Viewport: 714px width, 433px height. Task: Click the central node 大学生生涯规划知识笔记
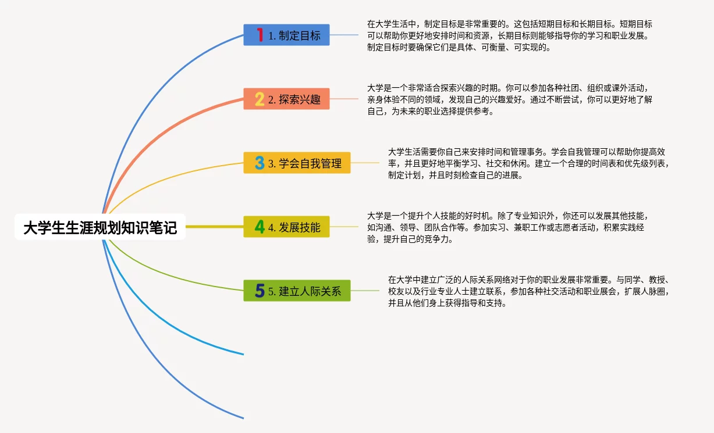pyautogui.click(x=100, y=227)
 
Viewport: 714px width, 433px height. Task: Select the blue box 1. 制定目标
pyautogui.click(x=286, y=35)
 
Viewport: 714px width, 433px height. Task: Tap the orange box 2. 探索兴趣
pyautogui.click(x=286, y=99)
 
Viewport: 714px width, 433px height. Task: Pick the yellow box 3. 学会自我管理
pyautogui.click(x=297, y=163)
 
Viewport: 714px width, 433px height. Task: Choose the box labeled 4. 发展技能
pyautogui.click(x=286, y=227)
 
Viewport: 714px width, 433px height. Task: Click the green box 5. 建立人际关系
pyautogui.click(x=297, y=291)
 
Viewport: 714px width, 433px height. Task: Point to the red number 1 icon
pyautogui.click(x=260, y=35)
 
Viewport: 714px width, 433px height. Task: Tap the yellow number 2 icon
pyautogui.click(x=260, y=99)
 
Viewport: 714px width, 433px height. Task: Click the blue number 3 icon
pyautogui.click(x=260, y=163)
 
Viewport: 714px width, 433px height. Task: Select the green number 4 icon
pyautogui.click(x=260, y=227)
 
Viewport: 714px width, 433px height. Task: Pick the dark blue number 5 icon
pyautogui.click(x=260, y=291)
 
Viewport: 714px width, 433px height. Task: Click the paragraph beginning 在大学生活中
pyautogui.click(x=509, y=35)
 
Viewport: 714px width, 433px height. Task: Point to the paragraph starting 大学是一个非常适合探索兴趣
pyautogui.click(x=509, y=99)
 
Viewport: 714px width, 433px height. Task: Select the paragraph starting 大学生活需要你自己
pyautogui.click(x=528, y=163)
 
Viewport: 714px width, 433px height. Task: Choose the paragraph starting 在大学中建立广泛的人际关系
pyautogui.click(x=528, y=291)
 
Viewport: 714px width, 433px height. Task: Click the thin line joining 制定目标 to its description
pyautogui.click(x=344, y=35)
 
